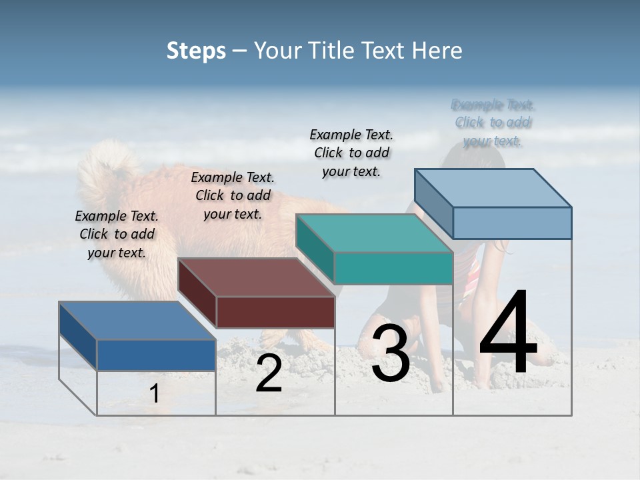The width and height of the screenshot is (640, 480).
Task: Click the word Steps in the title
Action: tap(196, 51)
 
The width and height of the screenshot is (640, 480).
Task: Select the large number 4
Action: tap(508, 333)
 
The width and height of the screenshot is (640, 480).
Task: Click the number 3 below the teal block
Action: tap(391, 353)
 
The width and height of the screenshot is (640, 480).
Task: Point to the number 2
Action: tap(269, 374)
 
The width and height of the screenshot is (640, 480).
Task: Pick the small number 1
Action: tap(154, 393)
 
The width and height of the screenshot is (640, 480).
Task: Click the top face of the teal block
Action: tap(374, 233)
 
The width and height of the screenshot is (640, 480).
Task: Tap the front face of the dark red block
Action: tap(275, 312)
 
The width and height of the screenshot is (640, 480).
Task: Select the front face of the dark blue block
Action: tap(156, 355)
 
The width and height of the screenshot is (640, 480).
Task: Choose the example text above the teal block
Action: tap(351, 153)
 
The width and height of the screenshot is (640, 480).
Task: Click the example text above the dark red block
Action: tap(233, 195)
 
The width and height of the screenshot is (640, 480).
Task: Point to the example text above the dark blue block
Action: tap(117, 234)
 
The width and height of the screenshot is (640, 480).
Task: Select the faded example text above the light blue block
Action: tap(493, 123)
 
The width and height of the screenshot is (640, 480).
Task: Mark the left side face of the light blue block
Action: tap(433, 203)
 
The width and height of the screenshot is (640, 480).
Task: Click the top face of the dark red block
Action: tap(256, 277)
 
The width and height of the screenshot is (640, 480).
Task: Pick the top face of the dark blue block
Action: tap(137, 321)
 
